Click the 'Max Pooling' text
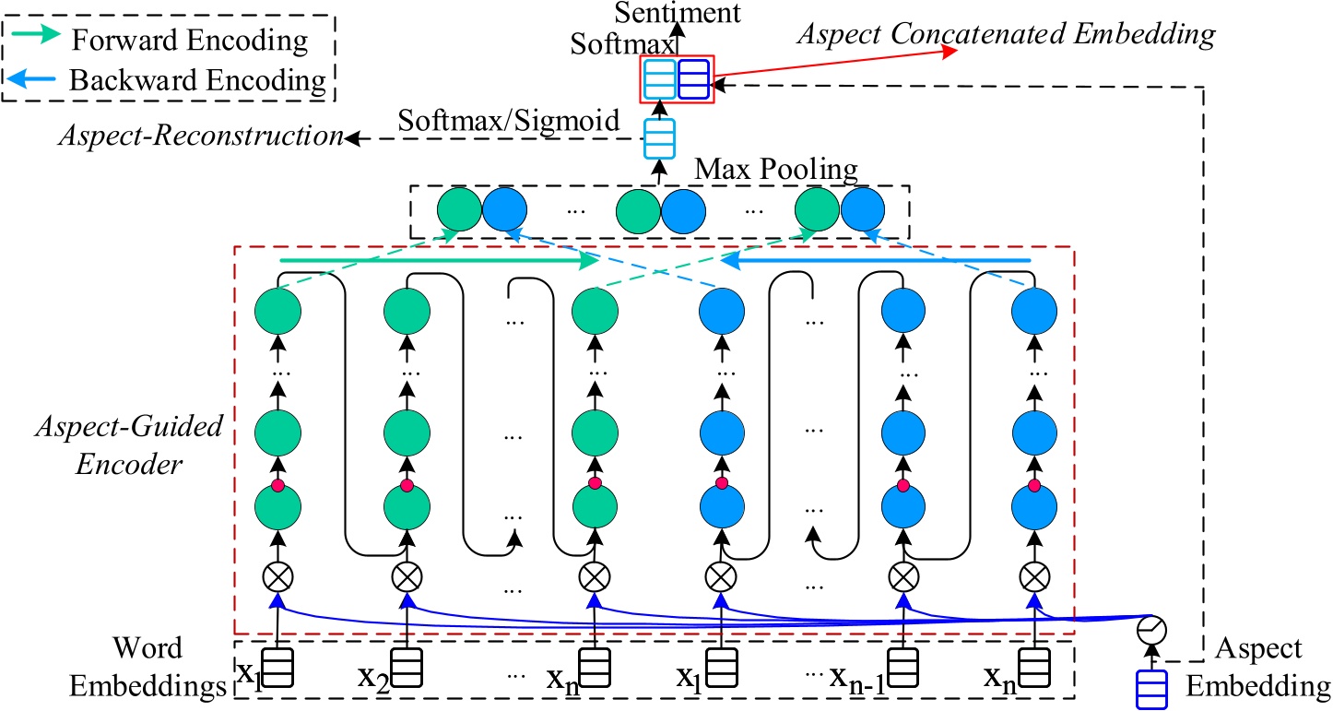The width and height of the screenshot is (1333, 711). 776,170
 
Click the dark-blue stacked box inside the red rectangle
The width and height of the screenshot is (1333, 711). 693,80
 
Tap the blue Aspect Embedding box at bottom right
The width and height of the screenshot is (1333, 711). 1150,689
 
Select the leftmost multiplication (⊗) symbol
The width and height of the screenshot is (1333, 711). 277,578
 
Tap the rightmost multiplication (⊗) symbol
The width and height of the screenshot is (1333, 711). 1032,578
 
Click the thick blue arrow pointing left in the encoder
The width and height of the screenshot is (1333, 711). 876,262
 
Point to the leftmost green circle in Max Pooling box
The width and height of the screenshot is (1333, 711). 458,211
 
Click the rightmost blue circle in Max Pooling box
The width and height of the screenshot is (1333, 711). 863,211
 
